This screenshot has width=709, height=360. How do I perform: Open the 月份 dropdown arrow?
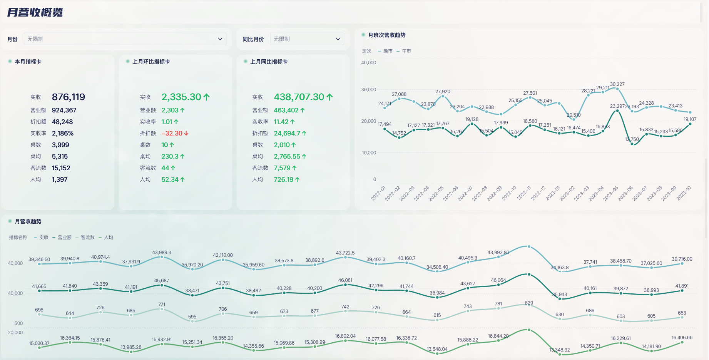[x=220, y=39]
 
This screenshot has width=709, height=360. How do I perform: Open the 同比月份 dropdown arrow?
[x=338, y=39]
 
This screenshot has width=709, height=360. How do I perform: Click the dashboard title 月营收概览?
[x=35, y=12]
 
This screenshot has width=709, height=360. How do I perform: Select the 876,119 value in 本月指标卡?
[x=69, y=97]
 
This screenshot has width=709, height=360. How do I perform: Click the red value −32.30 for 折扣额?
[x=172, y=133]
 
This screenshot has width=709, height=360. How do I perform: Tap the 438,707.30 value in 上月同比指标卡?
[x=299, y=97]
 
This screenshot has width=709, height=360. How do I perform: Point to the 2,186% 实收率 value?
[x=63, y=133]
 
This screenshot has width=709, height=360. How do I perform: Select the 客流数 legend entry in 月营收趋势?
[x=87, y=238]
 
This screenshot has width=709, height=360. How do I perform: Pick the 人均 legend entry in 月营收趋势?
[x=108, y=238]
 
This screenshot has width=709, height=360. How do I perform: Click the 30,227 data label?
[x=617, y=84]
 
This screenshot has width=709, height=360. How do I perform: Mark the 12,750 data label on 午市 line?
[x=632, y=139]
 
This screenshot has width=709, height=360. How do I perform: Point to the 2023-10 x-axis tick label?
[x=684, y=193]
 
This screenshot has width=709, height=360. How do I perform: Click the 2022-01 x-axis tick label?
[x=378, y=193]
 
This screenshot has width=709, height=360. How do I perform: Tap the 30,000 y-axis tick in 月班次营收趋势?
[x=368, y=90]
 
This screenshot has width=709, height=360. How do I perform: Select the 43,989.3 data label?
[x=162, y=253]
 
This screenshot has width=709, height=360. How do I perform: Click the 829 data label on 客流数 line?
[x=529, y=303]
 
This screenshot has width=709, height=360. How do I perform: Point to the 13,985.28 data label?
[x=131, y=347]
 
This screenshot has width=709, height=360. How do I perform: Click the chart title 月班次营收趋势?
[x=387, y=35]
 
